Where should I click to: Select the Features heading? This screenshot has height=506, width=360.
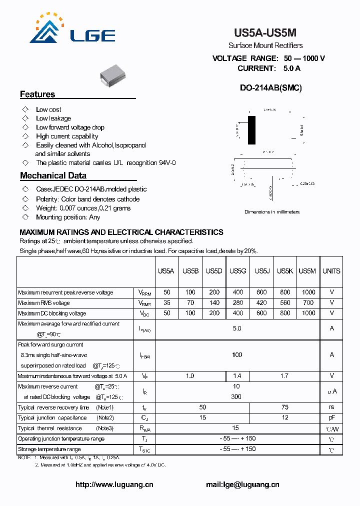point(37,94)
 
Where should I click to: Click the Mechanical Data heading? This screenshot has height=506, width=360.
point(53,175)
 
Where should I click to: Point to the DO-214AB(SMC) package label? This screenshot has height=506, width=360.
point(270,88)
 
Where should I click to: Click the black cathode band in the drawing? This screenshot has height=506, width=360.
point(251,130)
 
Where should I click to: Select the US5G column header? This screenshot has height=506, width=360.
point(238,271)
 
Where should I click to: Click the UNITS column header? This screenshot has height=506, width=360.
point(331,271)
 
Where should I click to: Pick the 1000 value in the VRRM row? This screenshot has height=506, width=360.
point(308,292)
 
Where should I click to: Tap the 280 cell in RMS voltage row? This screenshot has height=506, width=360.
point(238,303)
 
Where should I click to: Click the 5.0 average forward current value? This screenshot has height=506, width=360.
point(237,328)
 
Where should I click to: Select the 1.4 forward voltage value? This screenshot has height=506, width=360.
point(238,375)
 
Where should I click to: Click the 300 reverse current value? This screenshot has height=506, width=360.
point(236,396)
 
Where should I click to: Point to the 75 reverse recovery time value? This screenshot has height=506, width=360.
point(285,407)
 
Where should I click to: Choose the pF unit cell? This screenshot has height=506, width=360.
point(331,418)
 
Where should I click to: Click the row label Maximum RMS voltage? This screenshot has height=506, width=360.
point(44,303)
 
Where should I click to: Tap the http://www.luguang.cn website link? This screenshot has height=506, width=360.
point(114,484)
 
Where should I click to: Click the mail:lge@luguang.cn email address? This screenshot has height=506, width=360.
point(242,484)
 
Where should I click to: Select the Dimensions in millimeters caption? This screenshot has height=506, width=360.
point(272,212)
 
